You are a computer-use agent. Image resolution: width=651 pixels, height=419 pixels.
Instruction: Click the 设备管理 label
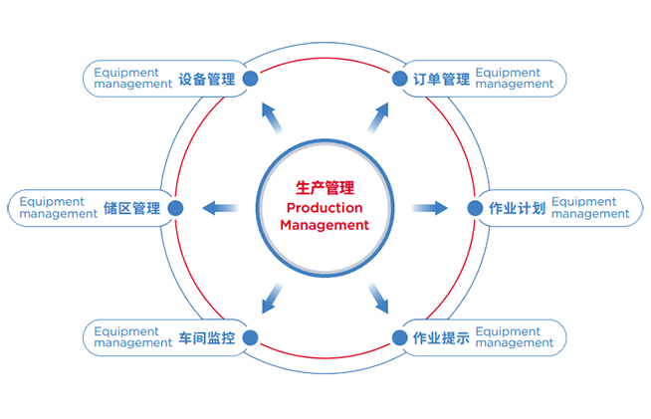207,79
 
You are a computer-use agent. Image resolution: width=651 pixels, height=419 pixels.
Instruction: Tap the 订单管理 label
441,79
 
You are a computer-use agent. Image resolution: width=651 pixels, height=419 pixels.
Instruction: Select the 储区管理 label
131,208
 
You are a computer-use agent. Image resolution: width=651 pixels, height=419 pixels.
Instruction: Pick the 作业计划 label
517,208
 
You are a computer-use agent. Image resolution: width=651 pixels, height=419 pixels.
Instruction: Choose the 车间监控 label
207,337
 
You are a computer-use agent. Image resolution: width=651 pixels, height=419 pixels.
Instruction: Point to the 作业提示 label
441,337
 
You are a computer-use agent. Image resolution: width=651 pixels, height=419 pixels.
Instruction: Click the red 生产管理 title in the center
325,187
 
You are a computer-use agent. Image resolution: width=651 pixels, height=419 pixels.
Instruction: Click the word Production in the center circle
325,207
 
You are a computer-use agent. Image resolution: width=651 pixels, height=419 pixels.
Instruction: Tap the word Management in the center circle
325,226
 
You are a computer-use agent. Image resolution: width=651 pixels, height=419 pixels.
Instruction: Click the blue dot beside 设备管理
251,80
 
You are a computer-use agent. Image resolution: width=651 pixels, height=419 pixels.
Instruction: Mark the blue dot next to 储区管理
176,208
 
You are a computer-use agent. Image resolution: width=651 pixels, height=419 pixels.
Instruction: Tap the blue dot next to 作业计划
474,208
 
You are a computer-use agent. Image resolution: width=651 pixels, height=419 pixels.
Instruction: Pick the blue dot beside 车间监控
251,336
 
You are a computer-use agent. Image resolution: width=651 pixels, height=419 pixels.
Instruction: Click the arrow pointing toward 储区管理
221,208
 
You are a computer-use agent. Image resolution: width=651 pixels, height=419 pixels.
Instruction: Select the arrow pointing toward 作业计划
430,208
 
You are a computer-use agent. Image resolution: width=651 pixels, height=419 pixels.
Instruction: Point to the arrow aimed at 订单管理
377,119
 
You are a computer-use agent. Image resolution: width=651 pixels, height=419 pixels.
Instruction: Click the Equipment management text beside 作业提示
514,337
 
